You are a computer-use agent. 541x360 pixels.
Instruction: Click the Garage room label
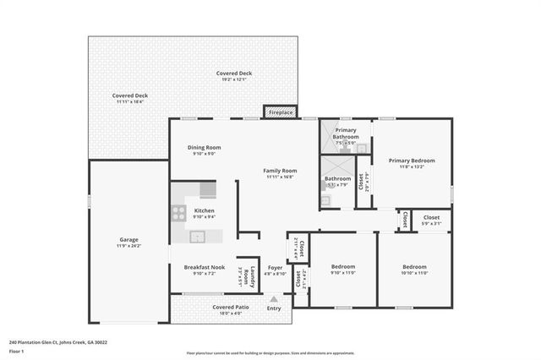click(128, 240)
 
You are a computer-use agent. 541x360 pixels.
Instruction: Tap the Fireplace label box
click(280, 112)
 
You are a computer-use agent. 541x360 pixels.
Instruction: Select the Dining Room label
click(204, 148)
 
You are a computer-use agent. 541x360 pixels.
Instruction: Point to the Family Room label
click(279, 171)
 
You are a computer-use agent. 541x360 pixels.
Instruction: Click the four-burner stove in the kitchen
click(179, 213)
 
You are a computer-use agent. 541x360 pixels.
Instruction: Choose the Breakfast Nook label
click(204, 267)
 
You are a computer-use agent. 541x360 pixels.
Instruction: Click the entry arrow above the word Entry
click(273, 298)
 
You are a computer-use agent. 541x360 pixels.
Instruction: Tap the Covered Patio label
click(230, 307)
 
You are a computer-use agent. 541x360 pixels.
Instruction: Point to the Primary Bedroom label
click(412, 161)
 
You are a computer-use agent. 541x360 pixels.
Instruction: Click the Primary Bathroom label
click(345, 134)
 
